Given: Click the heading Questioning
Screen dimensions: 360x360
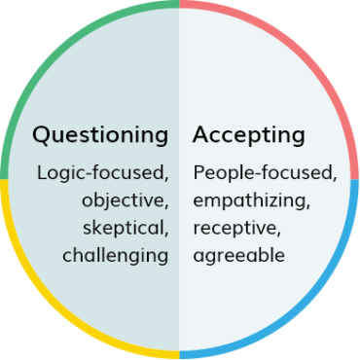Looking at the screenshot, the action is tap(99, 134).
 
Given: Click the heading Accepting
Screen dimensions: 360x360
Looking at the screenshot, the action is tap(248, 134).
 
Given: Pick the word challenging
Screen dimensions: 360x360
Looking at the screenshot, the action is tap(115, 257).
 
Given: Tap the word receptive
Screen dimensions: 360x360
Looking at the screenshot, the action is tap(230, 229).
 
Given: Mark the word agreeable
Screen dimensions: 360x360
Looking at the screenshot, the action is tap(238, 257).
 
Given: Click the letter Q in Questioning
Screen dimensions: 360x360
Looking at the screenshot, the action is tap(41, 134).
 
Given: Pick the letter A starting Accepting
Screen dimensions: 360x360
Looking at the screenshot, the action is tap(200, 134).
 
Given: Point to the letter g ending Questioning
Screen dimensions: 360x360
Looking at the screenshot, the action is tap(161, 137).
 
